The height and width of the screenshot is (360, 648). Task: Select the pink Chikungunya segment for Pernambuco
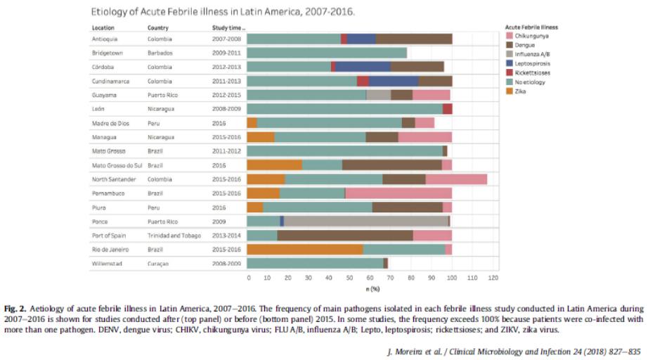tap(398, 193)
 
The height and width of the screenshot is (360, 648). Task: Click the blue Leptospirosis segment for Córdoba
tap(363, 67)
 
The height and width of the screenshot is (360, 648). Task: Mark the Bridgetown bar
tap(327, 53)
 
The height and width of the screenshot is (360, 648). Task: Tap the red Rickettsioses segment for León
tap(447, 109)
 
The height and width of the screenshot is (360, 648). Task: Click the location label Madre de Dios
tap(109, 123)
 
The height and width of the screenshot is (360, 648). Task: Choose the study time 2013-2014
tap(226, 236)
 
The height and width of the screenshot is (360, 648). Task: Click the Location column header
tap(103, 27)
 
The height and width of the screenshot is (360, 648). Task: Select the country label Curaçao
tap(159, 264)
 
